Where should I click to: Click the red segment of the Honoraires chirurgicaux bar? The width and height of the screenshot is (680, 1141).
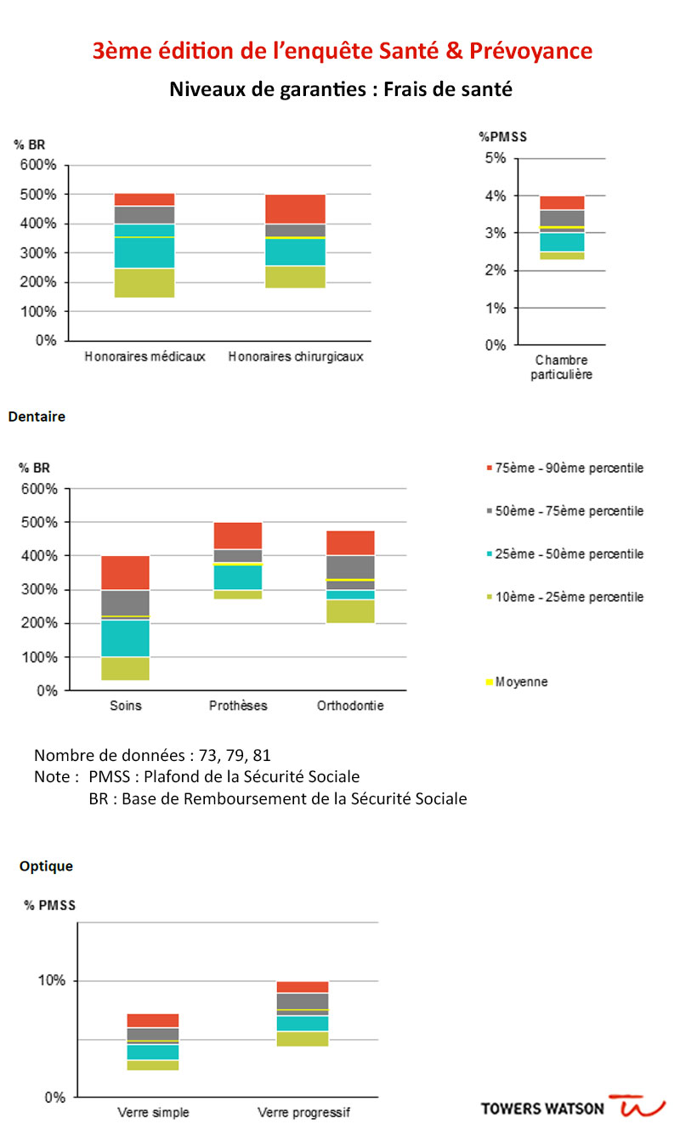pos(296,209)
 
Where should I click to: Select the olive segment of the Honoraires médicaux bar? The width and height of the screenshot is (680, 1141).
pos(144,283)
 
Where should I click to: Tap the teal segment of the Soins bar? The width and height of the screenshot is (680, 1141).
pos(125,638)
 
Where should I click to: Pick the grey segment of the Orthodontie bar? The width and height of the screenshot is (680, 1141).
pos(350,572)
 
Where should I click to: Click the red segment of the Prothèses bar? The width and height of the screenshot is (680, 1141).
pos(238,536)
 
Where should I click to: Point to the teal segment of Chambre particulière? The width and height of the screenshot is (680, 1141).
pos(562,242)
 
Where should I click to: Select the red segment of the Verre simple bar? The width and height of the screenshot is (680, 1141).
pos(153,1020)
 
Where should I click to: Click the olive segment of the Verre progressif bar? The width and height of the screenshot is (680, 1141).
pos(303,1039)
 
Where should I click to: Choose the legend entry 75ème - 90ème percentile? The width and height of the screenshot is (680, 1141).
pos(565,468)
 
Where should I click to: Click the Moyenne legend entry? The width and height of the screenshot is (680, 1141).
pos(517,682)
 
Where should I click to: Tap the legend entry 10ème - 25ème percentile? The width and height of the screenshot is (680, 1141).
pos(565,597)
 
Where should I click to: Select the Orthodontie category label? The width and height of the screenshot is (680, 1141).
pos(350,706)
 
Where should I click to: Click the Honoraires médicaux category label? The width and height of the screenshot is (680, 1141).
pos(144,356)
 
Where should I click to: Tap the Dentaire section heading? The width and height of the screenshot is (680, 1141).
pos(37,417)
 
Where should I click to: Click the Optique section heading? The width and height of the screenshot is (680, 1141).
pos(46,866)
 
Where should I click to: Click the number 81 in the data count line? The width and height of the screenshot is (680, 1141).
pos(262,755)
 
